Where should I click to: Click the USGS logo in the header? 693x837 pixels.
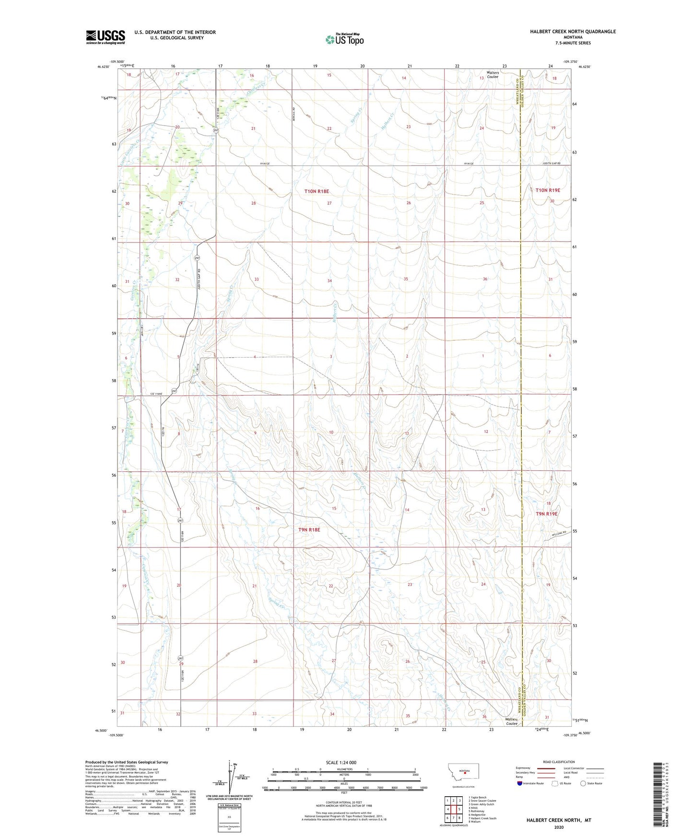(105, 37)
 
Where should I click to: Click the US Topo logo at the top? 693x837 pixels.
(344, 39)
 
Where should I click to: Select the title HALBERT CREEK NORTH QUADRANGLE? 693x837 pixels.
(573, 32)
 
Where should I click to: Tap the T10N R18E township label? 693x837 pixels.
(317, 191)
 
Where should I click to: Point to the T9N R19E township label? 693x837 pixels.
(546, 513)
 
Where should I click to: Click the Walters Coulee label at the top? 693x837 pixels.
(493, 75)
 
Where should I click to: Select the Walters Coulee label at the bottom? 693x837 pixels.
(512, 721)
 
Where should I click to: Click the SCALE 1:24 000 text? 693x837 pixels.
(341, 762)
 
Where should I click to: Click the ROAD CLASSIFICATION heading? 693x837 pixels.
(559, 762)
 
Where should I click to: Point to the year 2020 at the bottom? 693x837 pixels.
(559, 827)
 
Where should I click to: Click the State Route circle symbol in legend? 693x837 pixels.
(583, 783)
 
